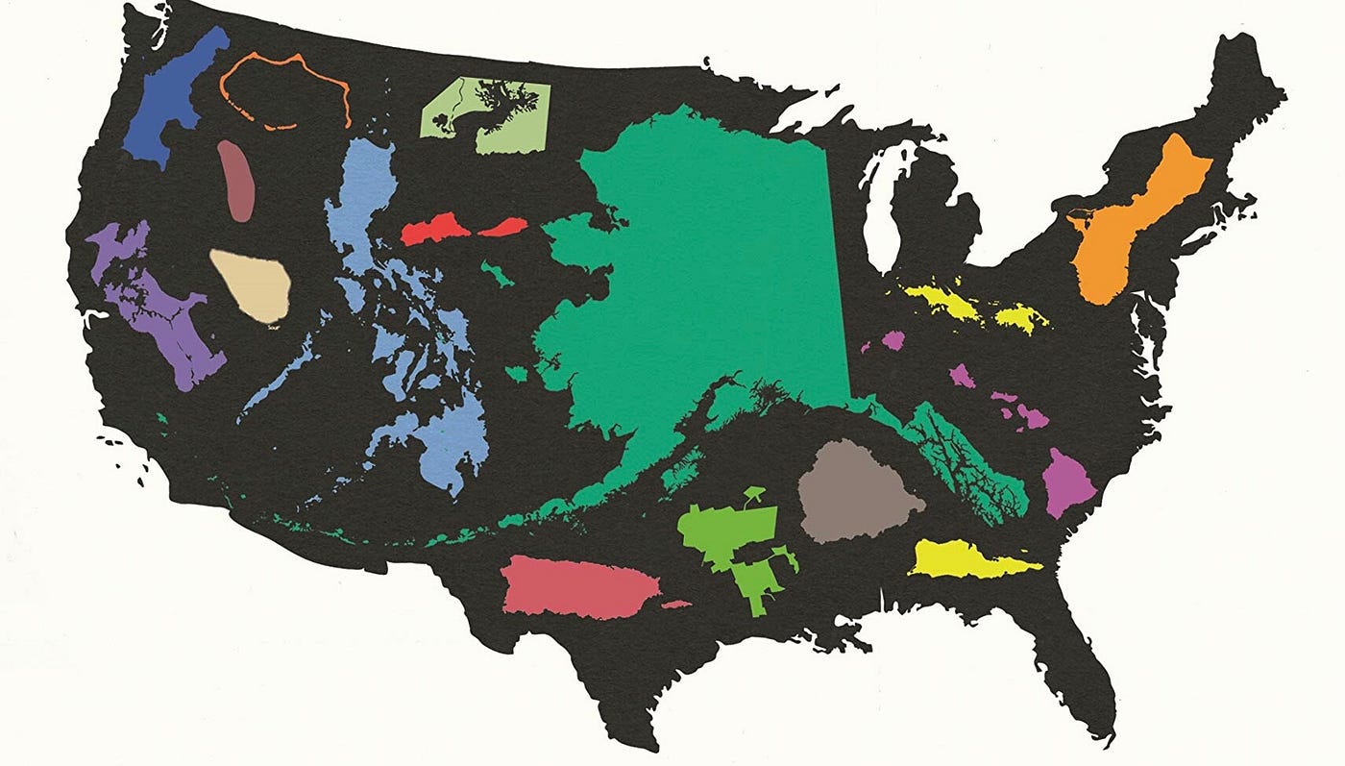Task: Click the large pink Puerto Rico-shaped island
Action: coord(576,586)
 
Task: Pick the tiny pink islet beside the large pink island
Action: coord(676,605)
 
